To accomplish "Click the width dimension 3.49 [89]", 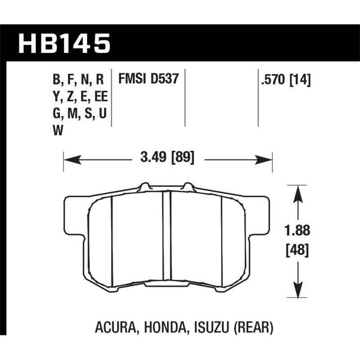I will point(167,158).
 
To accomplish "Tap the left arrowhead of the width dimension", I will point(68,158).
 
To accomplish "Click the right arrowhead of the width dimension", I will point(268,158).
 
